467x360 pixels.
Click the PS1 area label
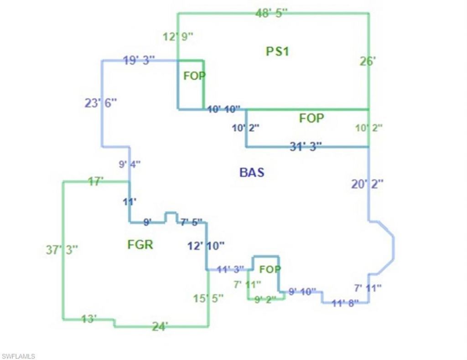pyautogui.click(x=277, y=51)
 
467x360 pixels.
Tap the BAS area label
pyautogui.click(x=251, y=172)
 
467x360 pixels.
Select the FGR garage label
pyautogui.click(x=140, y=245)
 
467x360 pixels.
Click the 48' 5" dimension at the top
pyautogui.click(x=272, y=13)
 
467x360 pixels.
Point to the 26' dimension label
pyautogui.click(x=367, y=61)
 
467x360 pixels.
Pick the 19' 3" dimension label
pyautogui.click(x=139, y=60)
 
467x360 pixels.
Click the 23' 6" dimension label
pyautogui.click(x=101, y=103)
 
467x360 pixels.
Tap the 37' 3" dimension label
pyautogui.click(x=62, y=250)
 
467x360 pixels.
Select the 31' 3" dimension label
pyautogui.click(x=306, y=146)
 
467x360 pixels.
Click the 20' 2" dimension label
pyautogui.click(x=367, y=184)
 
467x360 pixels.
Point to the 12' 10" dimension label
pyautogui.click(x=206, y=246)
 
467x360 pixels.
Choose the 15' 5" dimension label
pyautogui.click(x=208, y=298)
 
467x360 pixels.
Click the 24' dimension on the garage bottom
pyautogui.click(x=160, y=326)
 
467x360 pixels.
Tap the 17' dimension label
pyautogui.click(x=96, y=182)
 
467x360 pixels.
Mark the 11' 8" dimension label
pyautogui.click(x=345, y=302)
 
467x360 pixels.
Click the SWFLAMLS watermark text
pyautogui.click(x=18, y=356)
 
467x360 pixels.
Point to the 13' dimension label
pyautogui.click(x=88, y=319)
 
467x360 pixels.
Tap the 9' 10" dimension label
pyautogui.click(x=302, y=292)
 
